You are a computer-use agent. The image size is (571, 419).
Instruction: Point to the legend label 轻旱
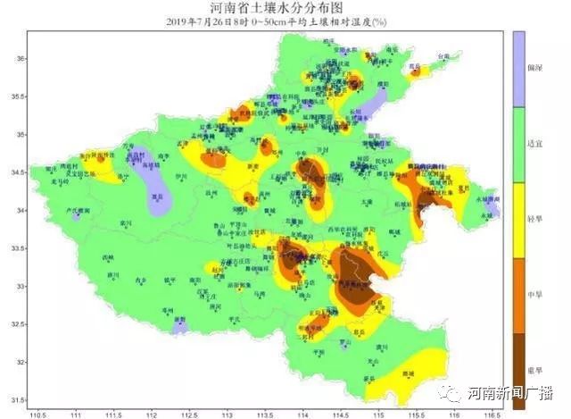pyautogui.click(x=534, y=218)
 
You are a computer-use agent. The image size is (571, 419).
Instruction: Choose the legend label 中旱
pyautogui.click(x=534, y=294)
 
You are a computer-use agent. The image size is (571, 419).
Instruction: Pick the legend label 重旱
pyautogui.click(x=534, y=369)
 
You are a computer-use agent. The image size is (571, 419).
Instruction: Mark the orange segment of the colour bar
pyautogui.click(x=518, y=296)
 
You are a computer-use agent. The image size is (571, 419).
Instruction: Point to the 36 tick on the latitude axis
pyautogui.click(x=20, y=59)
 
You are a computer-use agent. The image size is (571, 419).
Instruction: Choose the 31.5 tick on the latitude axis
pyautogui.click(x=18, y=400)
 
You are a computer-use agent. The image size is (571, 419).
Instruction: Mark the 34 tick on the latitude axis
pyautogui.click(x=20, y=211)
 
